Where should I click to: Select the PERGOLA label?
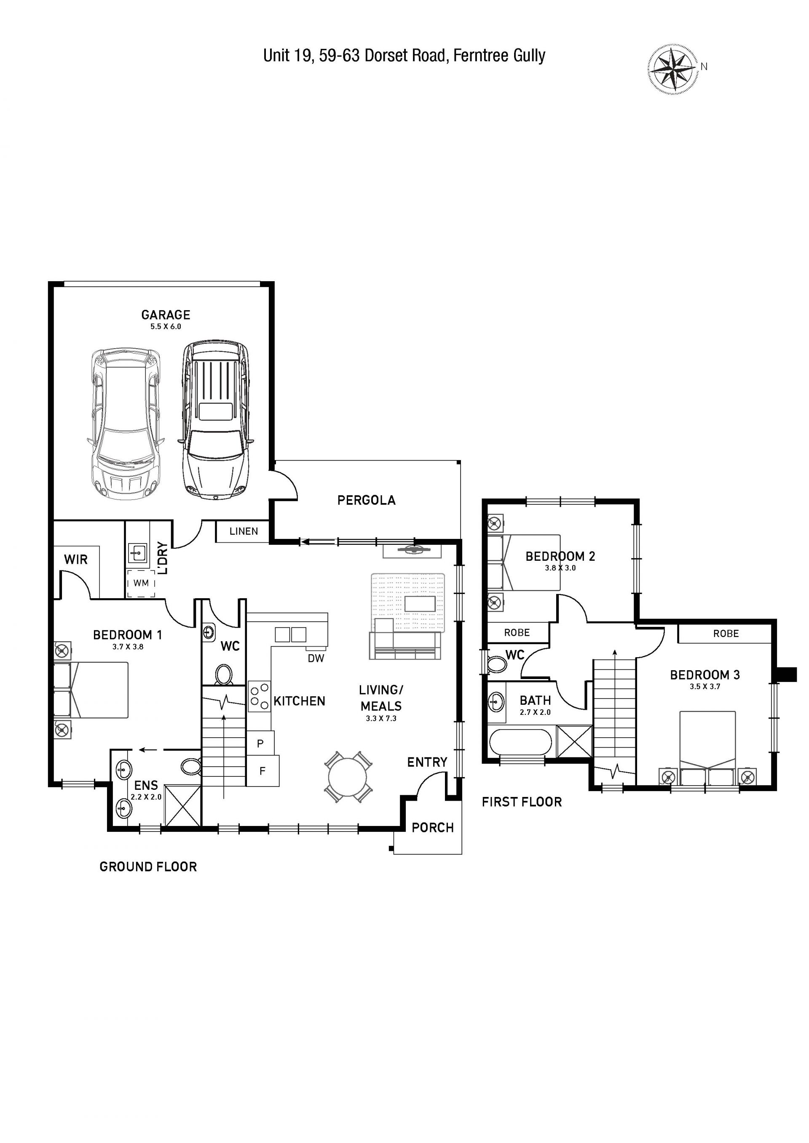pyautogui.click(x=366, y=500)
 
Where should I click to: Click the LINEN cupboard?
pyautogui.click(x=244, y=531)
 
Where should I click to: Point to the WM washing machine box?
pyautogui.click(x=141, y=583)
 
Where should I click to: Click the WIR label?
pyautogui.click(x=76, y=560)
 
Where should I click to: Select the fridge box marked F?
pyautogui.click(x=263, y=771)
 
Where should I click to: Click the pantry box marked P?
pyautogui.click(x=260, y=744)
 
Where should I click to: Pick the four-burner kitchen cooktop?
pyautogui.click(x=259, y=696)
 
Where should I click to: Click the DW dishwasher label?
pyautogui.click(x=316, y=658)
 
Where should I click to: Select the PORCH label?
pyautogui.click(x=432, y=828)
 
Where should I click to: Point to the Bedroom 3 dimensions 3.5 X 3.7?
pyautogui.click(x=705, y=687)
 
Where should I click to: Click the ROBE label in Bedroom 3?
pyautogui.click(x=726, y=634)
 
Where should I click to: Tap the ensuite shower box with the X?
pyautogui.click(x=182, y=806)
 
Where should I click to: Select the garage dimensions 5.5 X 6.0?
pyautogui.click(x=166, y=327)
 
